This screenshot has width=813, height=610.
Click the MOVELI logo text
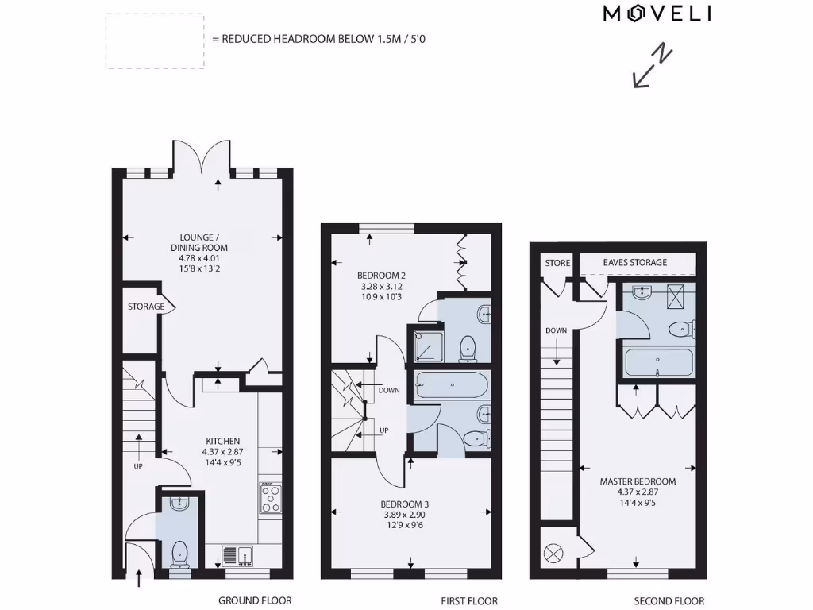point(657,13)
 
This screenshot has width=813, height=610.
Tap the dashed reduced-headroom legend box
point(155,41)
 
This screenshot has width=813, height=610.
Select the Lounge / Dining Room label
point(198,252)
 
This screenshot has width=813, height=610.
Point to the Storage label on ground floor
point(146,307)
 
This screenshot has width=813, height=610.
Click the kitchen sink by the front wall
point(237,555)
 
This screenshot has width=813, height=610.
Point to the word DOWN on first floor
point(389,390)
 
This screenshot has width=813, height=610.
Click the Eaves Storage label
point(634,262)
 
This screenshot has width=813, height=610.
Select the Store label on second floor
point(557,263)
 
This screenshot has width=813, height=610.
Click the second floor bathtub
point(658,363)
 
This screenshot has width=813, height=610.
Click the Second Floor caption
point(669,601)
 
